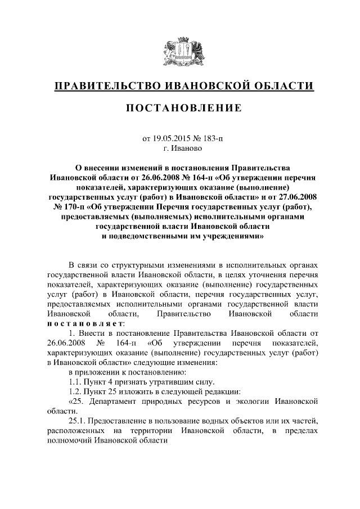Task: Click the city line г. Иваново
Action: click(x=180, y=148)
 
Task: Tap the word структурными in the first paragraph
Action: click(x=134, y=264)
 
